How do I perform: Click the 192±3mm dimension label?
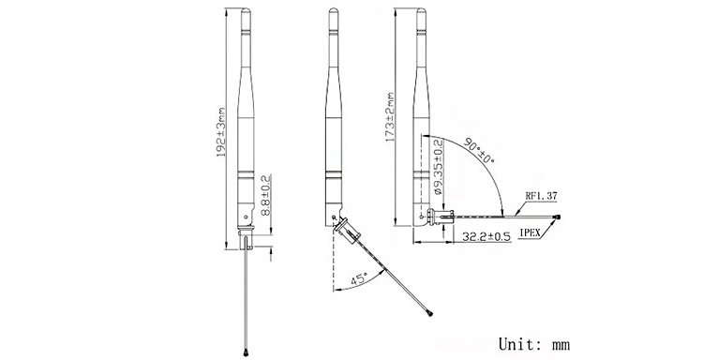(221, 131)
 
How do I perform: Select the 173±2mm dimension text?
(390, 117)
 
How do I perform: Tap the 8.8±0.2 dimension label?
(265, 195)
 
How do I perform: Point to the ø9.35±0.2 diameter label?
(439, 167)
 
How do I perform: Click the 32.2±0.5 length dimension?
(486, 236)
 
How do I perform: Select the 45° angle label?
(360, 278)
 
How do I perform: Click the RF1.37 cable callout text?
(541, 196)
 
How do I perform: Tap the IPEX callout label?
(531, 232)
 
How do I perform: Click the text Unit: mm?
(534, 344)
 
